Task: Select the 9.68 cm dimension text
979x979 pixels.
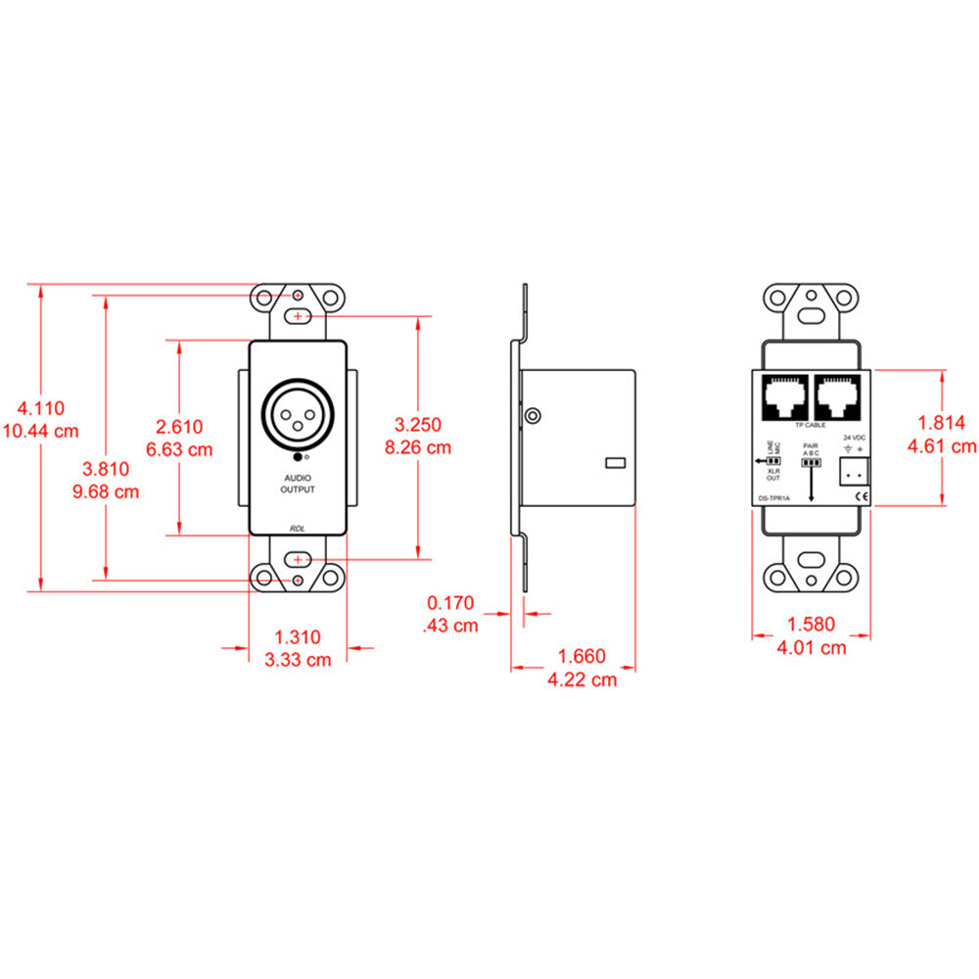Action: coord(107,491)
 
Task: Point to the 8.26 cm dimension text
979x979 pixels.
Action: coord(418,447)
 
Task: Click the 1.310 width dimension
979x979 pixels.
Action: coord(298,636)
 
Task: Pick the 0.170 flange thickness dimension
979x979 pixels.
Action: coord(451,603)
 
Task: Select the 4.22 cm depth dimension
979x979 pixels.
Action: coord(583,679)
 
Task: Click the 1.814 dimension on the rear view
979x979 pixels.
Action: coord(942,423)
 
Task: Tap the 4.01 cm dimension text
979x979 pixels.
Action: coord(812,647)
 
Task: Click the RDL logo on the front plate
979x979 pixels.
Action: coord(298,529)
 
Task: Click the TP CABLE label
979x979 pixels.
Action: coord(809,426)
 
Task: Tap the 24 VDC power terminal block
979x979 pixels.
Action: coord(853,472)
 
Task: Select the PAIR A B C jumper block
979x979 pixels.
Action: coord(810,462)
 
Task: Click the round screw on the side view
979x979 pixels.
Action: coord(532,416)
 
